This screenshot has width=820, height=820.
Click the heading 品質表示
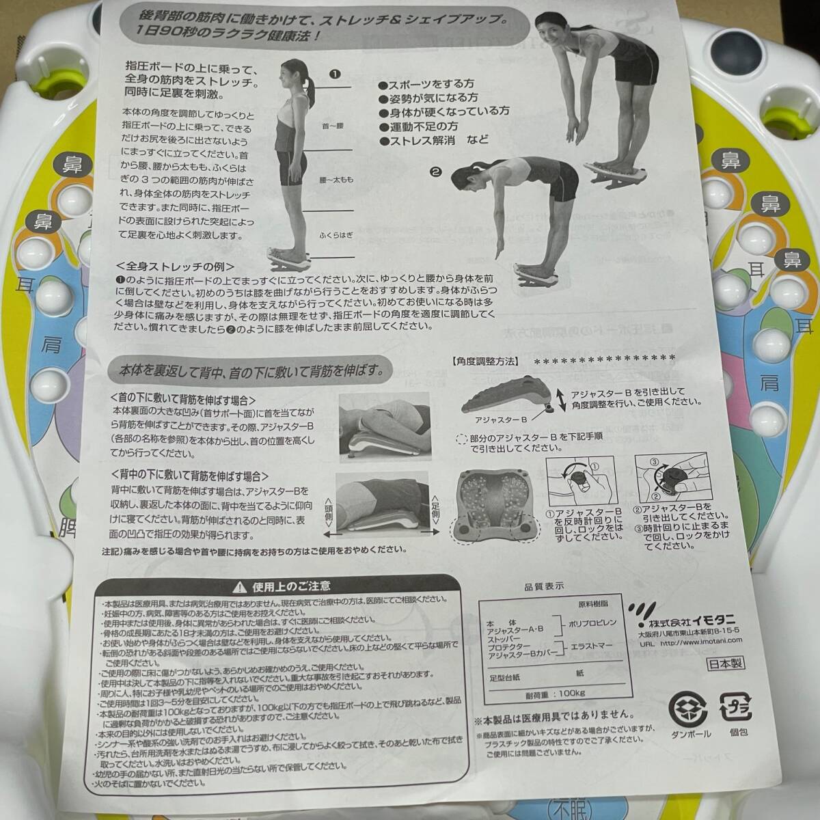point(543,586)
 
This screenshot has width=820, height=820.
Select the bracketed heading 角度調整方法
point(484,360)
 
